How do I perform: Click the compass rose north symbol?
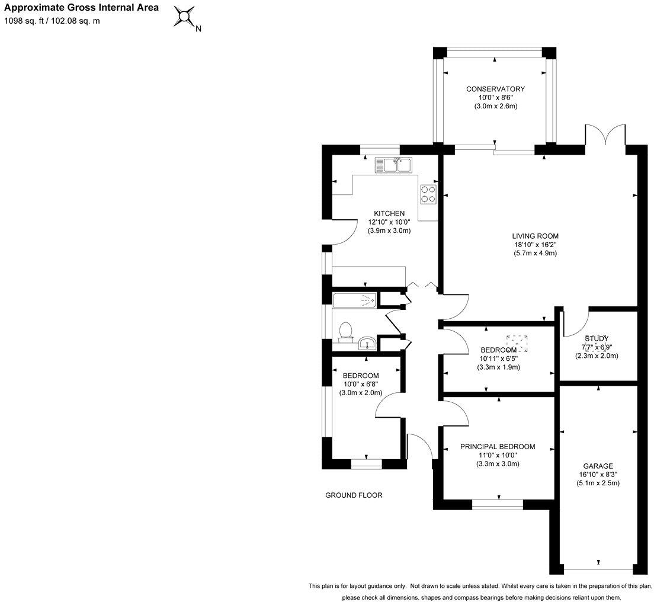pos(185,17)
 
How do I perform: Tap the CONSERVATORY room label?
pos(495,89)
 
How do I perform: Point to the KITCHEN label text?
pos(389,213)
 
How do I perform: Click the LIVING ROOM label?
pos(535,235)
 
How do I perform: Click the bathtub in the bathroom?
pos(355,300)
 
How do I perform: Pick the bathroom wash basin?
pos(366,342)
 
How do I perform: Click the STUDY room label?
pos(597,338)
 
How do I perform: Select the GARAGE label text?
pos(598,466)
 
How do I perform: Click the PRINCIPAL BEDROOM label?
pos(498,447)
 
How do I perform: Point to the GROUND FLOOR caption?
pos(354,495)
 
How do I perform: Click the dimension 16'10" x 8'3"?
pos(598,475)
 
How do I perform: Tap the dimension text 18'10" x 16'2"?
pos(535,244)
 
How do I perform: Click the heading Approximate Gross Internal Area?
pos(82,8)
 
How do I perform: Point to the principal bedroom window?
pos(498,505)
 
